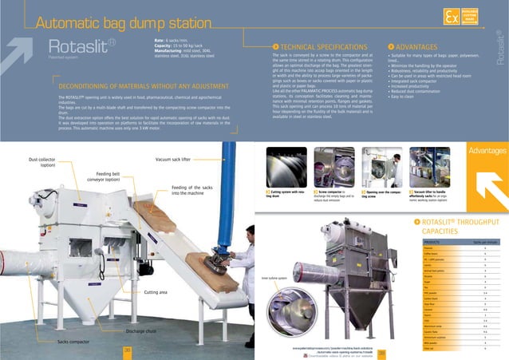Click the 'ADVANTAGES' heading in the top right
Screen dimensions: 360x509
(417, 47)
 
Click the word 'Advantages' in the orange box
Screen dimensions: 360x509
(485, 150)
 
